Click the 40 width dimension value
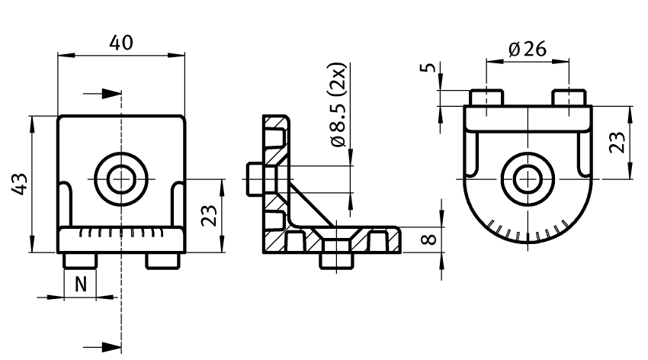coord(121,43)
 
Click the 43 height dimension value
coord(19,184)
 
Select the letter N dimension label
coord(81,284)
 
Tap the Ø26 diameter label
coord(528,49)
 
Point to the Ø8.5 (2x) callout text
coord(338,104)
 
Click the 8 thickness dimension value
coord(429,239)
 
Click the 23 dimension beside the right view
coord(618,142)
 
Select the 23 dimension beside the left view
coord(209,215)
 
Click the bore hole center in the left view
coord(121,179)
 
